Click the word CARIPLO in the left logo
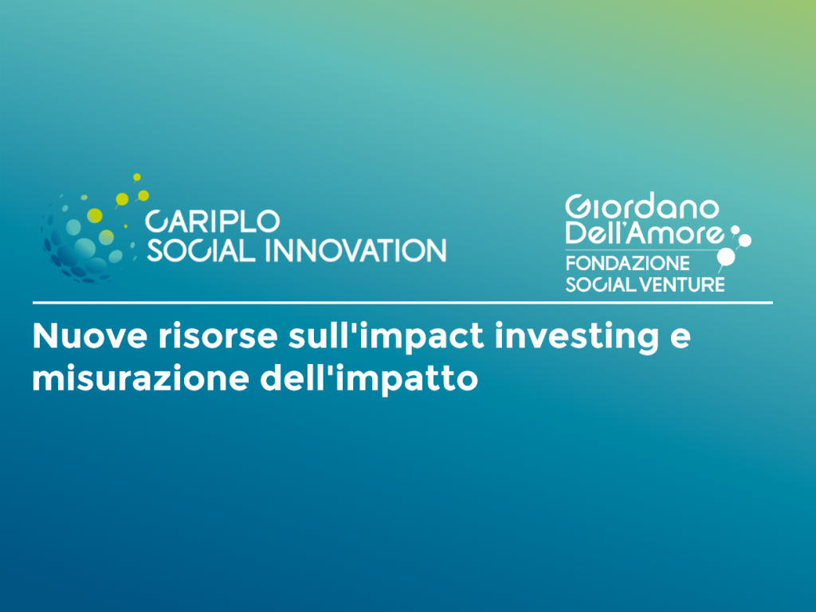click(212, 222)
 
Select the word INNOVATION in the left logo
click(356, 250)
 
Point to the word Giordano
click(642, 207)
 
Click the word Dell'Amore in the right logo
click(644, 233)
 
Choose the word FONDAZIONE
click(628, 263)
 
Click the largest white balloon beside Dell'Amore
click(726, 257)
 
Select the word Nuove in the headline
click(90, 335)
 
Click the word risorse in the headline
click(218, 337)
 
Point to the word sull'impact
click(386, 337)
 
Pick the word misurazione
click(140, 378)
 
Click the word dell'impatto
click(369, 378)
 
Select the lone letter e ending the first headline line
click(681, 338)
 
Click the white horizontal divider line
click(402, 302)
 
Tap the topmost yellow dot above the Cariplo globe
click(137, 178)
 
